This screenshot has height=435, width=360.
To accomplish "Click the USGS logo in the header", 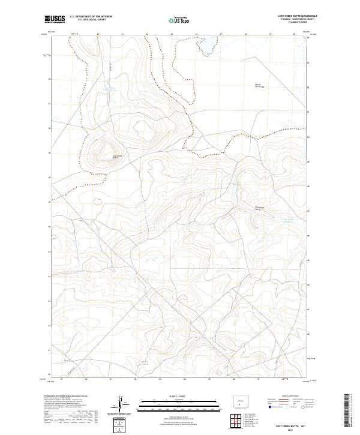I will coord(54,19).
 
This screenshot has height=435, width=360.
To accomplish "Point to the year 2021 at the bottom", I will coord(290,429).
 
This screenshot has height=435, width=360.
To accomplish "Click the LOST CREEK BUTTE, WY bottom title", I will coord(290,424).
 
